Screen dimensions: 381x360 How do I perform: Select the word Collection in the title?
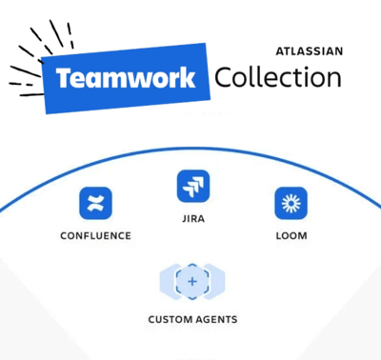277,76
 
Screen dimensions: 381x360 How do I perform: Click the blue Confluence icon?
95,203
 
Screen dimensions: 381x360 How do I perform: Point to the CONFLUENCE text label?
95,235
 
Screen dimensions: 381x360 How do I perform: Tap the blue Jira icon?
193,186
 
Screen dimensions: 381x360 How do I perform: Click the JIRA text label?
193,218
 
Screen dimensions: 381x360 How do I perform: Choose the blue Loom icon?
291,203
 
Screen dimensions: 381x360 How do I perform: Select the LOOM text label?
291,235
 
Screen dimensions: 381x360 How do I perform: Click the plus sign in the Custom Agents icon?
192,282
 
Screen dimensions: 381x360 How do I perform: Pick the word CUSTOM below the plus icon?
170,319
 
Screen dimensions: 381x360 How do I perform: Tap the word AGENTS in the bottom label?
216,319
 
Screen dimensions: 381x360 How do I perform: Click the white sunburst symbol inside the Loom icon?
291,203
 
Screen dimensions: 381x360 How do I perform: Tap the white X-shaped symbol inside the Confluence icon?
95,203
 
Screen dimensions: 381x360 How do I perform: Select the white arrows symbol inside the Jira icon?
193,186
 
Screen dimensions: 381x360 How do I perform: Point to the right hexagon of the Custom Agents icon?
216,282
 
